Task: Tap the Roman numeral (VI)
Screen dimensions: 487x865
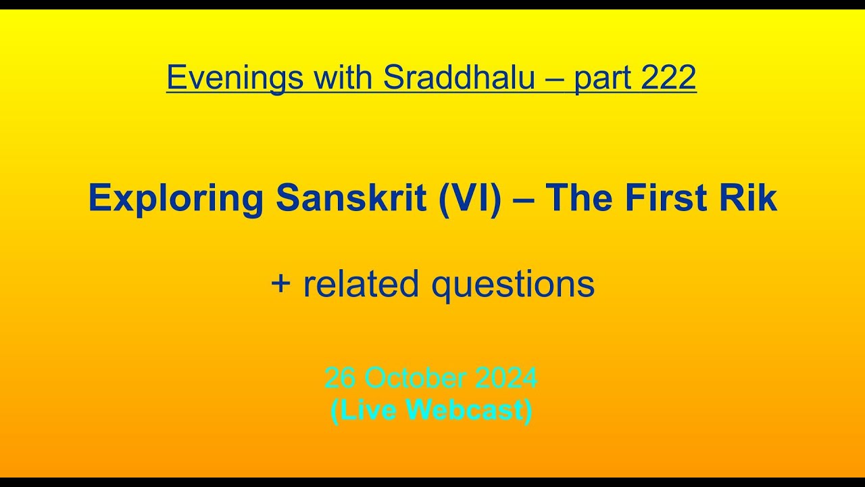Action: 470,199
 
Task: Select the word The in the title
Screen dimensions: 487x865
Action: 579,199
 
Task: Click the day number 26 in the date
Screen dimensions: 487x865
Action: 340,378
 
